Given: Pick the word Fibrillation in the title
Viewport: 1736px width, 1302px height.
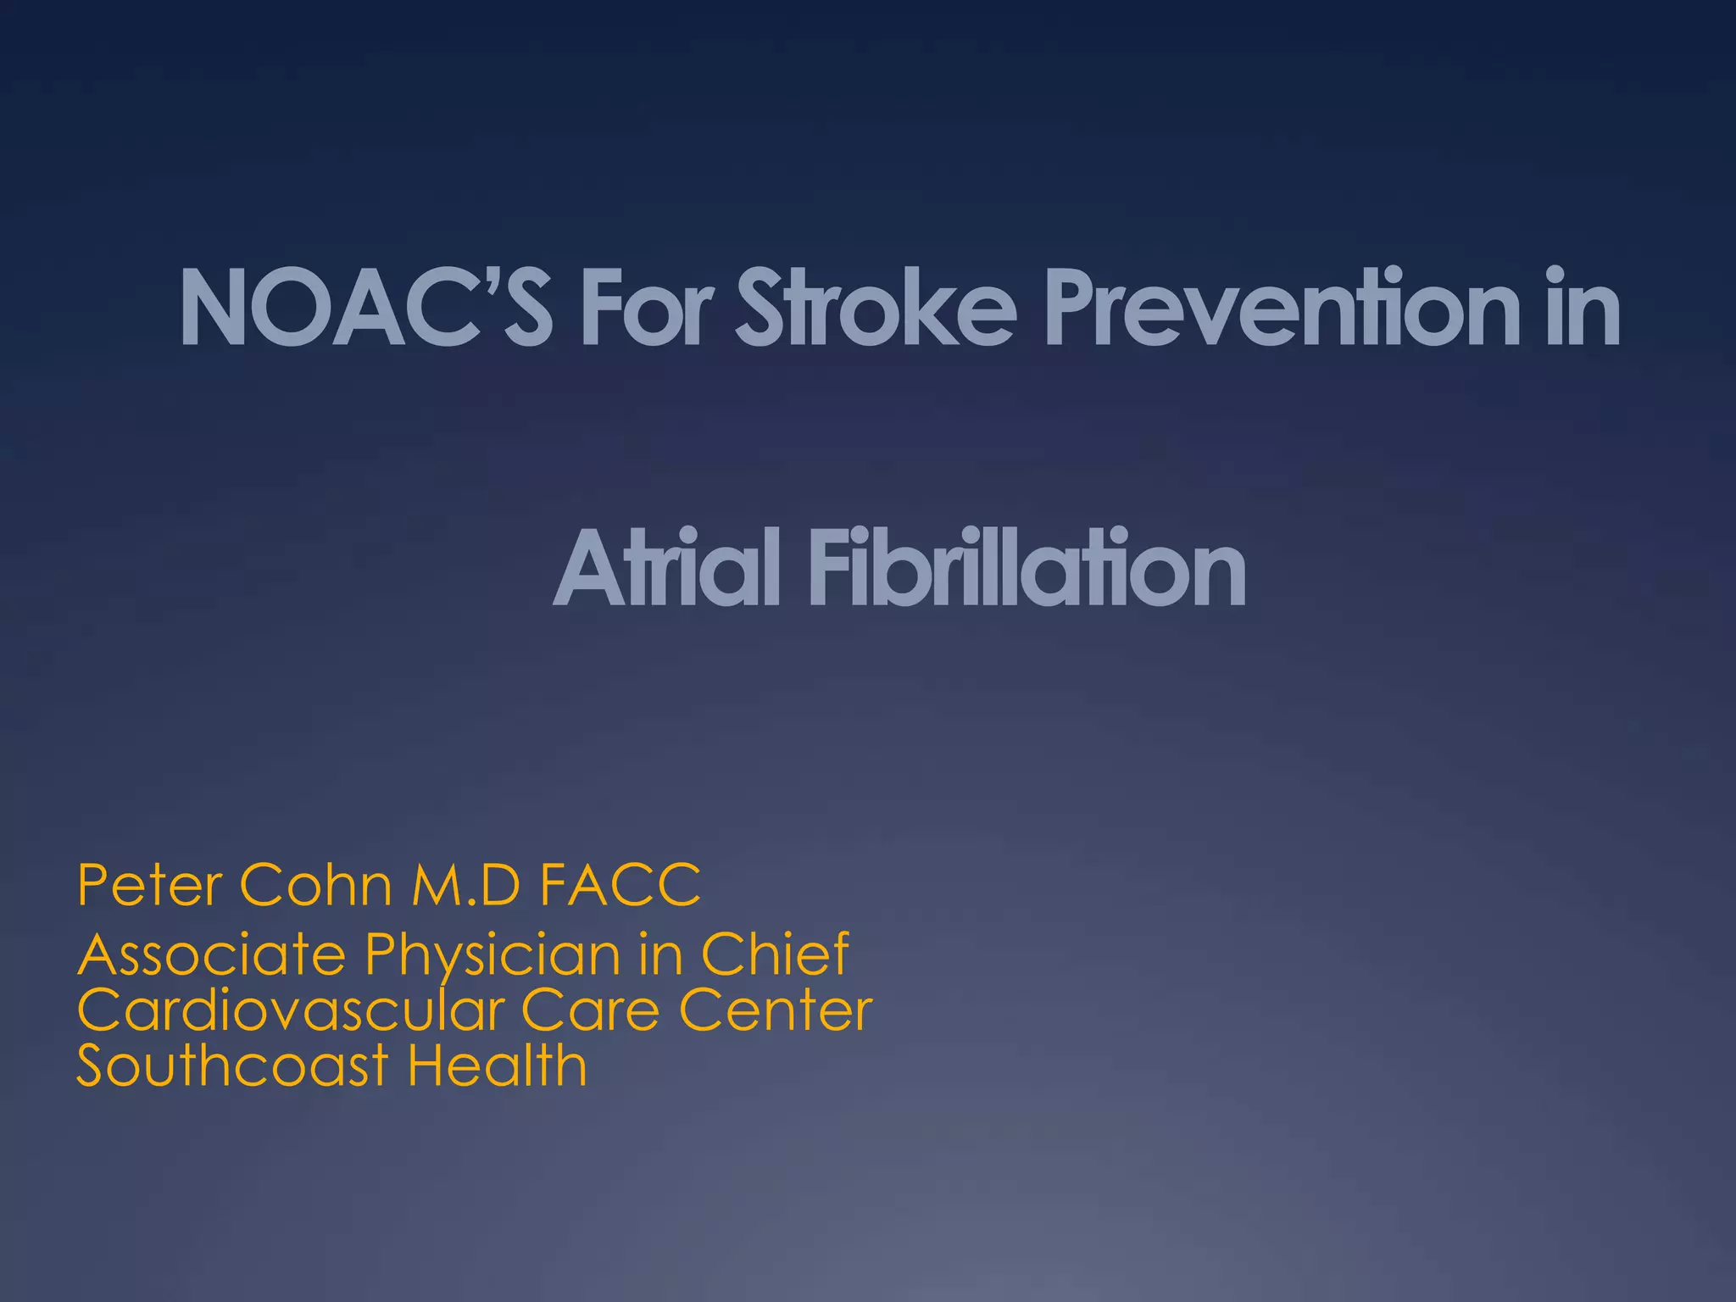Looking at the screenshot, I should [1027, 567].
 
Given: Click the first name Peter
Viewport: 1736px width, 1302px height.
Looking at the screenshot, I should [149, 885].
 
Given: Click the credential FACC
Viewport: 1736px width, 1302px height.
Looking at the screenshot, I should [620, 885].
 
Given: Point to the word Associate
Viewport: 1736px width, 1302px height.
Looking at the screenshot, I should [212, 954].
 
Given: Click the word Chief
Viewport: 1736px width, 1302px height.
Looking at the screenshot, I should [775, 954].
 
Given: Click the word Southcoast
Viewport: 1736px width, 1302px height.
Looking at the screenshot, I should [232, 1066].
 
